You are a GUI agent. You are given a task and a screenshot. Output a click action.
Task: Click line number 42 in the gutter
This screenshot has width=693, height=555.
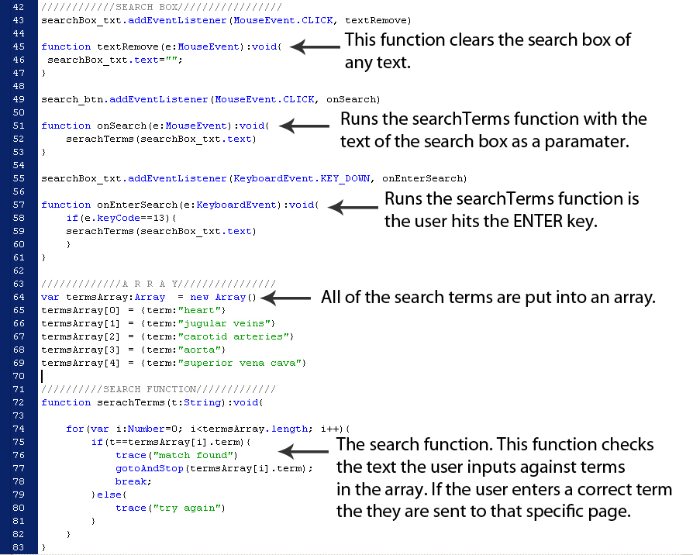click(19, 7)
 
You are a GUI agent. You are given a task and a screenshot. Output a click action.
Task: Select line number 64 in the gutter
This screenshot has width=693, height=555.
click(19, 297)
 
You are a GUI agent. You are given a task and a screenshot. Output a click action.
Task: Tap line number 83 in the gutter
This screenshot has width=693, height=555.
click(19, 547)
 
